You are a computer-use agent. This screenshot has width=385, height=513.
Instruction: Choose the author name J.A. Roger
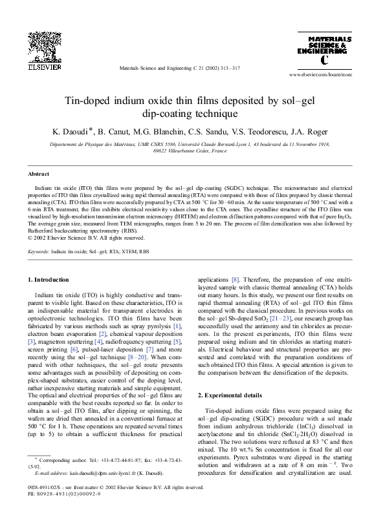pyautogui.click(x=314, y=132)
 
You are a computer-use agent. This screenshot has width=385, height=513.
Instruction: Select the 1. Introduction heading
pyautogui.click(x=49, y=279)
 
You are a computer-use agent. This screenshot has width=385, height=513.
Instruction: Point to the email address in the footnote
pyautogui.click(x=86, y=474)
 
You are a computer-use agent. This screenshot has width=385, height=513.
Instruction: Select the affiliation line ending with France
pyautogui.click(x=192, y=151)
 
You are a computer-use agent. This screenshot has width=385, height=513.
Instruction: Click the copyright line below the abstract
pyautogui.click(x=79, y=236)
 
